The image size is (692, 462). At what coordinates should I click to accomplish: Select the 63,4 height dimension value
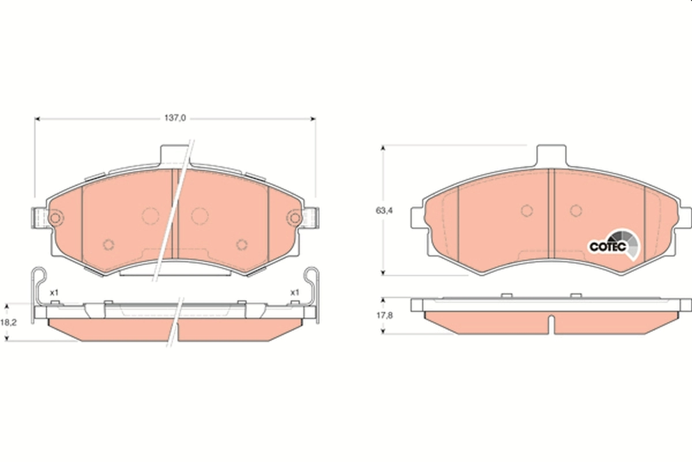pos(385,211)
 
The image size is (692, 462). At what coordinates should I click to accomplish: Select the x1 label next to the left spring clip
pos(54,293)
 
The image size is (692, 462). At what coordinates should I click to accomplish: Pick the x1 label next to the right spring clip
pos(295,293)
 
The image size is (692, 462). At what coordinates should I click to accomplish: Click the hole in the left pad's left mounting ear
pos(55,218)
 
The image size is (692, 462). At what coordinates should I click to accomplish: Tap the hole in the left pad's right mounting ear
pos(295,218)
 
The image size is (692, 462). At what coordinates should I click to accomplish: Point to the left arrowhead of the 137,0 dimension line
pos(38,119)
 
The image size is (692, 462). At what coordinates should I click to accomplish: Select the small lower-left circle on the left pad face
pos(108,244)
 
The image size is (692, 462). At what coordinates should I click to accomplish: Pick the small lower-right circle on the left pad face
pos(241,244)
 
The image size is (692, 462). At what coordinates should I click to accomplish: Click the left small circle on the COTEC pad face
pos(526,211)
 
